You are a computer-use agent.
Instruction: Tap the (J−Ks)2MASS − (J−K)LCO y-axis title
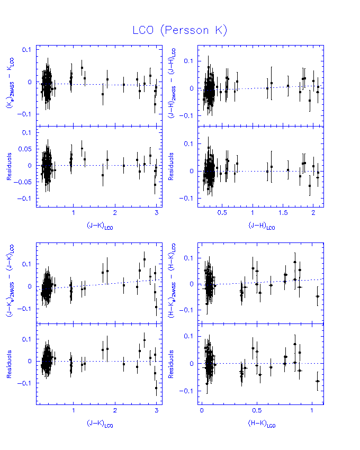[10, 283]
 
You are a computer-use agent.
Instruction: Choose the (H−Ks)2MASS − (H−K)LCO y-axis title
[173, 283]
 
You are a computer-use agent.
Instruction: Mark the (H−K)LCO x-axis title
[262, 424]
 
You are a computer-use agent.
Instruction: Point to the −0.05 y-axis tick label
[23, 182]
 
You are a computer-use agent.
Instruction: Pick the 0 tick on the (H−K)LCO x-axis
[202, 411]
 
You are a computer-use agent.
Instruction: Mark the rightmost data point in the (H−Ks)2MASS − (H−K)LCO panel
[317, 296]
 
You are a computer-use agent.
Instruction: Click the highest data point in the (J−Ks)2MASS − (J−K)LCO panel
[145, 259]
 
